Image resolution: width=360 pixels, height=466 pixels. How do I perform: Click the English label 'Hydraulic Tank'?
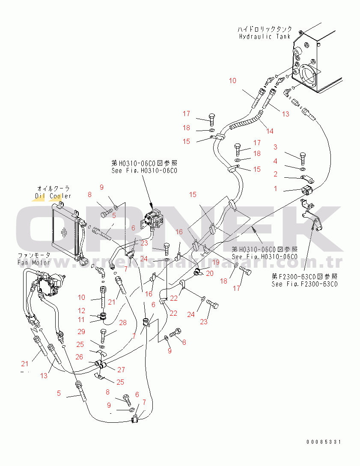point(265,36)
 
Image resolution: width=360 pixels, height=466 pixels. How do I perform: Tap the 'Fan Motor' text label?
point(34,262)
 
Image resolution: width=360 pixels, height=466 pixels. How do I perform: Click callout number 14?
point(269,131)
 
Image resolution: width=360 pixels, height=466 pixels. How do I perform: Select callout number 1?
point(276,188)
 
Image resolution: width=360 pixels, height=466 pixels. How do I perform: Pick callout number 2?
point(276,174)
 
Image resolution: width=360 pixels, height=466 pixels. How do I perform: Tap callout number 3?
point(276,147)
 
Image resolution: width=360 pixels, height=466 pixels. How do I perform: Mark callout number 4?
point(276,161)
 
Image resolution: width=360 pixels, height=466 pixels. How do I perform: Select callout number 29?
point(81,332)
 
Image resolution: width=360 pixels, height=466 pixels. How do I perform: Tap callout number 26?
point(80,357)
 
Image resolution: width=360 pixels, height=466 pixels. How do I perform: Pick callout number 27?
point(121,370)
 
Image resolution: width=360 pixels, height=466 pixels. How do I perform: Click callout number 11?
point(81,320)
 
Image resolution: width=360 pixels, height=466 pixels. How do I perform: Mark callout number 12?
point(81,310)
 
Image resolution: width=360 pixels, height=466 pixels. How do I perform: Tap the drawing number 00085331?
point(324,442)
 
